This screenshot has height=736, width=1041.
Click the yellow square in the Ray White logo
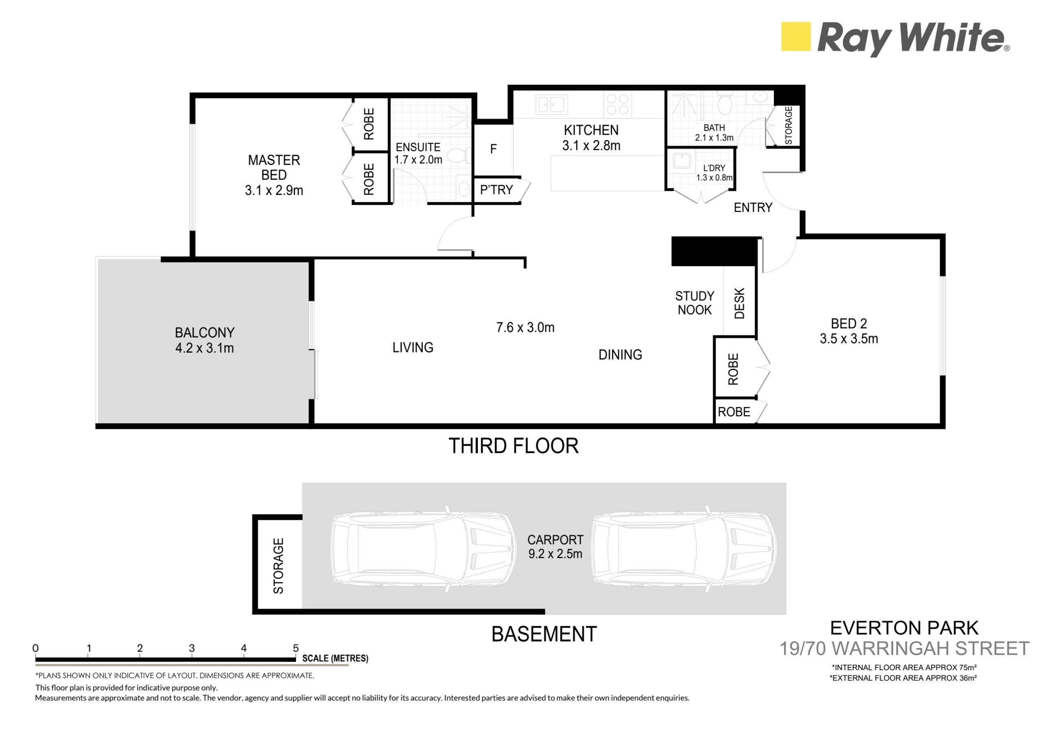point(796,36)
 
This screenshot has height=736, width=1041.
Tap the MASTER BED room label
point(274,168)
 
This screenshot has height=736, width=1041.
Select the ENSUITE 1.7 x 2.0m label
point(418,153)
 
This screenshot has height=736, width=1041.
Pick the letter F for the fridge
point(493,149)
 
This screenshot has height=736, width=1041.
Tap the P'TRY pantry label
point(497,190)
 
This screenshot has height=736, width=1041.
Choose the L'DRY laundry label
point(714,168)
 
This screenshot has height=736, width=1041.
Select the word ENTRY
point(753,207)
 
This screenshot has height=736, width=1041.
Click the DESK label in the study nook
point(739,303)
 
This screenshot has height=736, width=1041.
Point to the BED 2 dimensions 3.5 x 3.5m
point(849,339)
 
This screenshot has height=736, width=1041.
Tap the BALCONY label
point(205,333)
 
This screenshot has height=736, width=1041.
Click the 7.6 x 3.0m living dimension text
point(525,327)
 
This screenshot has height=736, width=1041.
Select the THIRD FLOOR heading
point(513,446)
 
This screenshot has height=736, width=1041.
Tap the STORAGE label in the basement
point(278,566)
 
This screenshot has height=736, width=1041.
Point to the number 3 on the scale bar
point(192,648)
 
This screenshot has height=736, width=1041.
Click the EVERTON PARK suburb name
point(904,628)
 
